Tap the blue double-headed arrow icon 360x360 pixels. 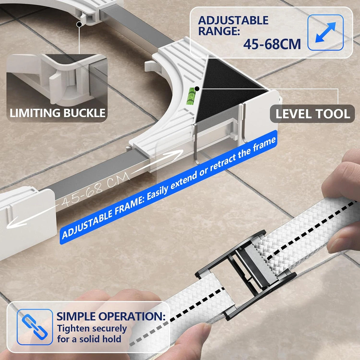pyautogui.click(x=325, y=32)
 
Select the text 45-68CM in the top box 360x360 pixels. pyautogui.click(x=272, y=44)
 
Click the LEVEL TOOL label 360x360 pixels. pyautogui.click(x=313, y=114)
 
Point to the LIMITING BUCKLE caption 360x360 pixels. pyautogui.click(x=58, y=113)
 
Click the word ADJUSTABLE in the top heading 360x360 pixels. pyautogui.click(x=233, y=20)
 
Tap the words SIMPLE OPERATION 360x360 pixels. pyautogui.click(x=111, y=316)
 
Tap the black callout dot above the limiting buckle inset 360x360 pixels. pyautogui.click(x=79, y=24)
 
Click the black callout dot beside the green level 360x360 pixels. pyautogui.click(x=196, y=89)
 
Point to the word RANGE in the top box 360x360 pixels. pyautogui.click(x=219, y=31)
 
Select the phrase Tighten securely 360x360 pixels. pyautogui.click(x=92, y=328)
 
